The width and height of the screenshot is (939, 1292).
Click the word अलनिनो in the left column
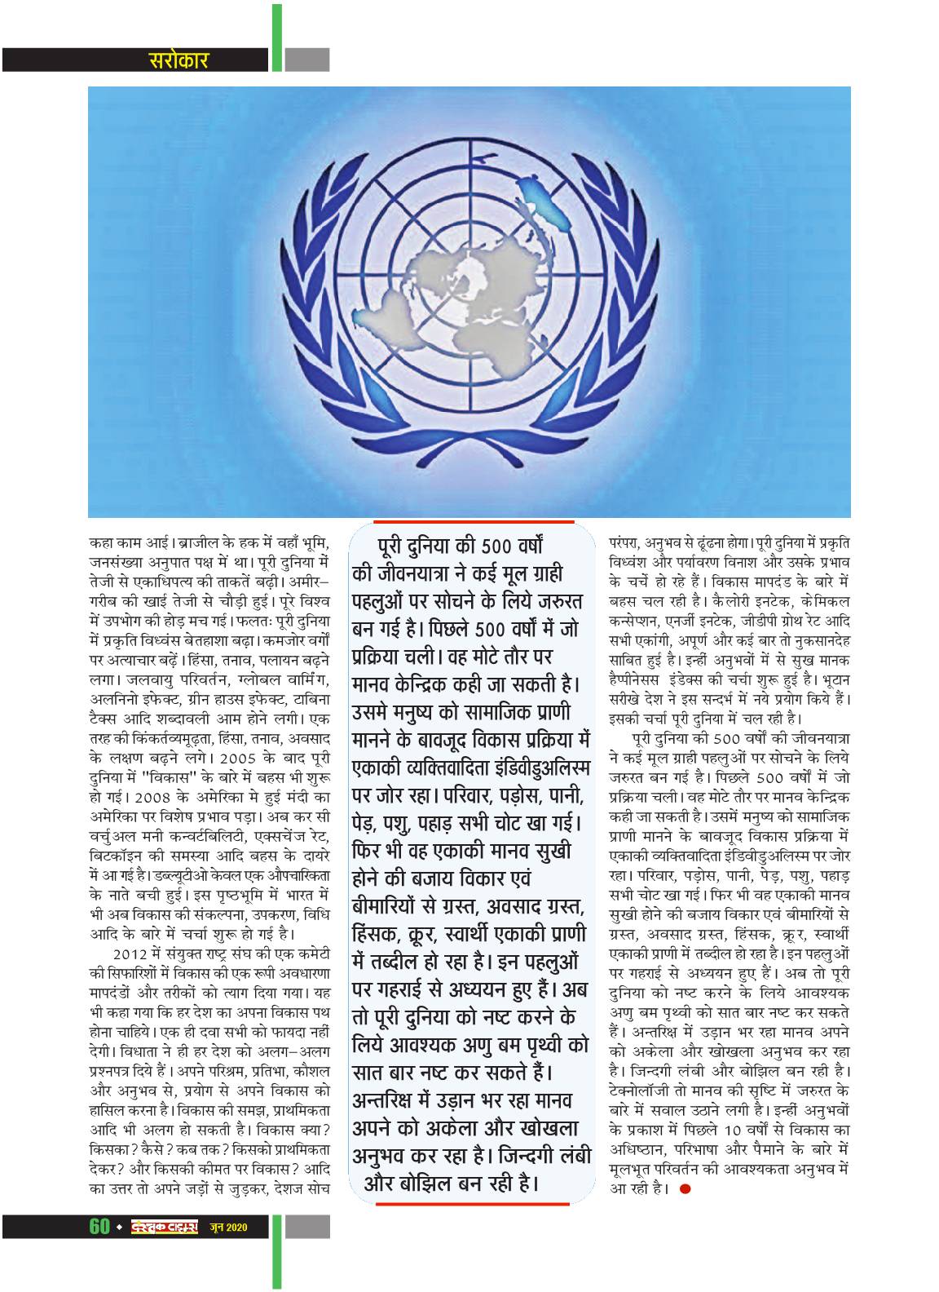[113, 723]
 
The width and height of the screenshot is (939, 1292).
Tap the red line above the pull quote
[473, 521]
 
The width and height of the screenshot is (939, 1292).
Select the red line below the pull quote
[473, 1202]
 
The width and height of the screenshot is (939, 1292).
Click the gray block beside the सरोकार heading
[307, 60]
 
